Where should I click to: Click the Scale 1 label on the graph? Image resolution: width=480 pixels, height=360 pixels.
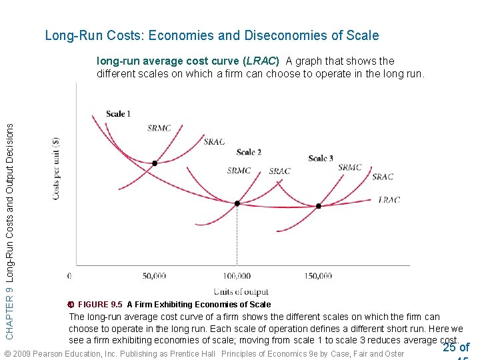point(118,114)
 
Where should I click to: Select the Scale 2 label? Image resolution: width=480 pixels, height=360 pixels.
point(249,153)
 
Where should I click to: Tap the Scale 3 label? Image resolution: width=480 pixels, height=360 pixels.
point(321,158)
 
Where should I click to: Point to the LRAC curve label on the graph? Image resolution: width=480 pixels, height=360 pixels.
point(389,199)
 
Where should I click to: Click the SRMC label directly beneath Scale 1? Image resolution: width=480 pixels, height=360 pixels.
point(159,128)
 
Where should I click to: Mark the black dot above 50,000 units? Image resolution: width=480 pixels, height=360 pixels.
point(155,163)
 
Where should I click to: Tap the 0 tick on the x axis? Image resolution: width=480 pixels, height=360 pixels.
point(70,275)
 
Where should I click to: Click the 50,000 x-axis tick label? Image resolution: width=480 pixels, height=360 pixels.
point(155,275)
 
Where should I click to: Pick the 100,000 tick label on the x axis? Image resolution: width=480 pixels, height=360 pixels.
point(237,275)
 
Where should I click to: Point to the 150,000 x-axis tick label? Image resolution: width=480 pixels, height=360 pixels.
point(319,275)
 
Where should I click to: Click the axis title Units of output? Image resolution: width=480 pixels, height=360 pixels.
point(241,291)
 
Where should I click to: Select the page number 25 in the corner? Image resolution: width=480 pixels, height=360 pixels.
point(450,347)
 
